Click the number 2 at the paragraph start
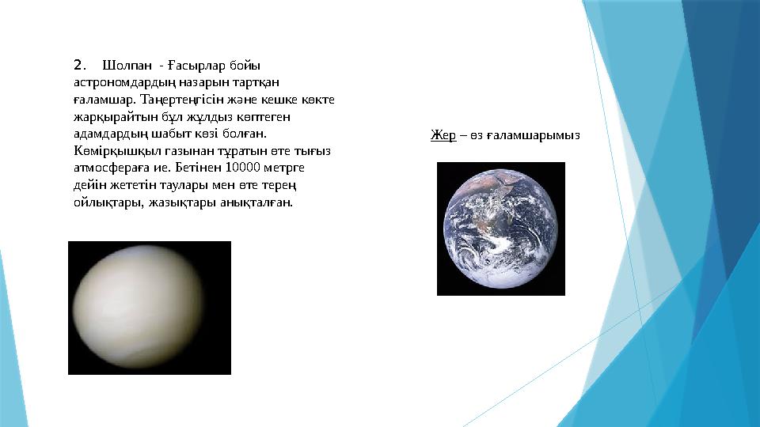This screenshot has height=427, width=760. [x=78, y=64]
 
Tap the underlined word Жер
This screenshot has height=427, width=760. [x=443, y=135]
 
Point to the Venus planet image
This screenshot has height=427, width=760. [x=149, y=308]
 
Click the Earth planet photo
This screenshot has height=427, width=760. [x=500, y=229]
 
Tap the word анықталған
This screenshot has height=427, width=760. [x=260, y=202]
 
